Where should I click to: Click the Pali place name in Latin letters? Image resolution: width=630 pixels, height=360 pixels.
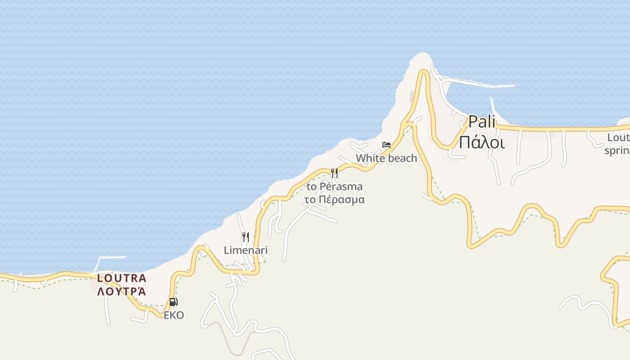coord(481,121)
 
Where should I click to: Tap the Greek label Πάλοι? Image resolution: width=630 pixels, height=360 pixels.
coord(481,142)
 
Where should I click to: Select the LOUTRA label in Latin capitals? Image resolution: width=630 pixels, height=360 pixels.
coord(121,278)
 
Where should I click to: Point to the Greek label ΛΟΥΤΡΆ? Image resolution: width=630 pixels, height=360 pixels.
coord(121,291)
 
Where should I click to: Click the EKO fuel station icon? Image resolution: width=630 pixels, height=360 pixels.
coord(173,302)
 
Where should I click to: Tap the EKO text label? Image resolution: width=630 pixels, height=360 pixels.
coord(174,315)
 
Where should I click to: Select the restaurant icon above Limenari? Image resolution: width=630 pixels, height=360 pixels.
coord(246,237)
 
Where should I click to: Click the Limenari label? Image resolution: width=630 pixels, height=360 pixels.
coord(246,250)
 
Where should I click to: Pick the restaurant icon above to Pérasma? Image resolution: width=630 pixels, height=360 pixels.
coord(334,173)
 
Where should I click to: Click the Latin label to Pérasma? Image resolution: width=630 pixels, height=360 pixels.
coord(334,186)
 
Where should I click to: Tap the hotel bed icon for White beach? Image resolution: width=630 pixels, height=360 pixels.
coord(386,145)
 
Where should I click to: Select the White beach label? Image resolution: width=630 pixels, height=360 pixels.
coord(386,158)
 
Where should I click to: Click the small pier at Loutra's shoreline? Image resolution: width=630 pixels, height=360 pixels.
coord(110,258)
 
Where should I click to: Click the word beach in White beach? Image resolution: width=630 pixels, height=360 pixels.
coord(402,158)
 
